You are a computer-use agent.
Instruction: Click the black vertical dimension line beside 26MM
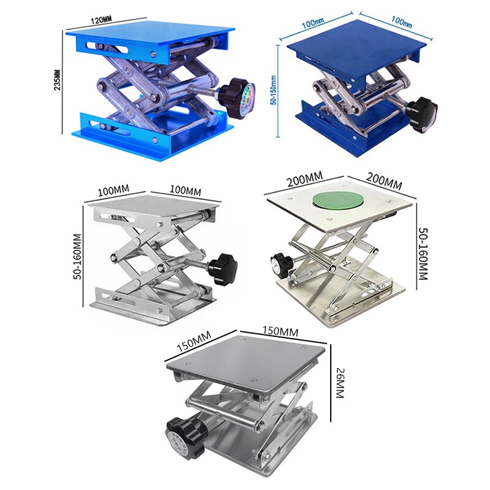point(331,383)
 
